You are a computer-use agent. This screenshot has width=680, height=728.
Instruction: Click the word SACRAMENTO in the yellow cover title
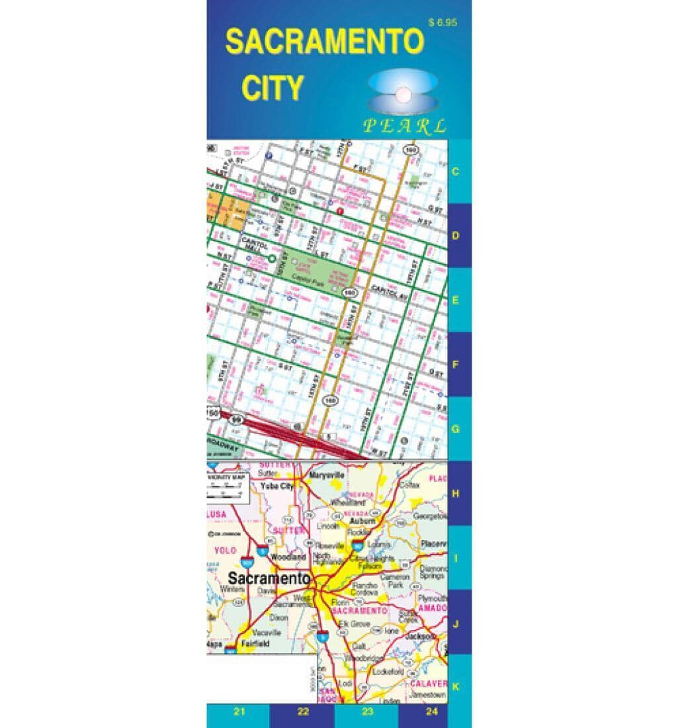coord(324,42)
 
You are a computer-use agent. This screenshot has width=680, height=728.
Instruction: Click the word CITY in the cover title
coord(272,88)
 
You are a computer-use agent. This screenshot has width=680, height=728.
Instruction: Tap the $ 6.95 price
coord(442,23)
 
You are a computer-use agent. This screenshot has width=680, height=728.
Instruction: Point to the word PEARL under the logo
coord(404,126)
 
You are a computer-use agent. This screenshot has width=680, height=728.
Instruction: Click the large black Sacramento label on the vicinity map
coord(269,578)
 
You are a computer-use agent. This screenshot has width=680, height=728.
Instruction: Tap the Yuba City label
coord(277,486)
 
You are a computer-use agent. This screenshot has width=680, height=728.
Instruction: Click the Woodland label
coord(288,557)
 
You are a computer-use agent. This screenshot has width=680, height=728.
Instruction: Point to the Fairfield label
coord(255,643)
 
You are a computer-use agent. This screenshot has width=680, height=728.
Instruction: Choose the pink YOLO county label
coord(226,550)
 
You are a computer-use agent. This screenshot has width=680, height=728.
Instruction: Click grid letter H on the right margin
coord(455,494)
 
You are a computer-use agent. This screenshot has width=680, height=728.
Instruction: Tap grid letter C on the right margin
coord(455,171)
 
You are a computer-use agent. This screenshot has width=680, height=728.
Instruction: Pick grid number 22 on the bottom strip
coord(303,712)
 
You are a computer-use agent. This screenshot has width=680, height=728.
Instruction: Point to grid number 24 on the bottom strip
coord(432,712)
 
